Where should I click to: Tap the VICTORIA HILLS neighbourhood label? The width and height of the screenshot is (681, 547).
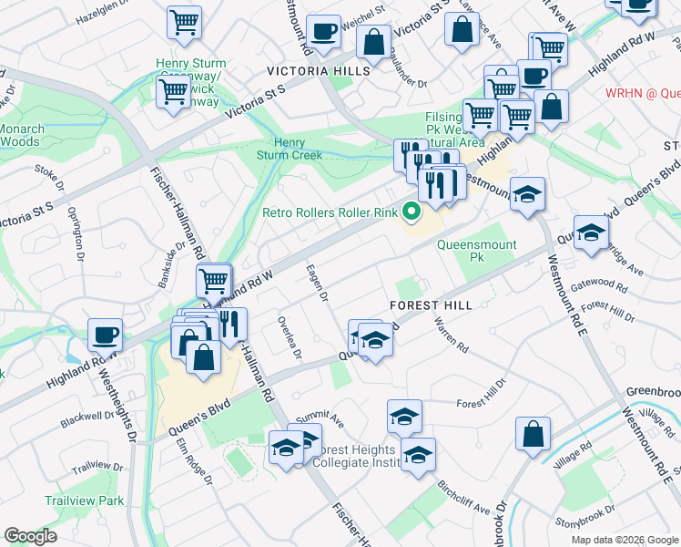(319, 70)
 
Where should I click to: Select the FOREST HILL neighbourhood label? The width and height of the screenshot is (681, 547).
(431, 304)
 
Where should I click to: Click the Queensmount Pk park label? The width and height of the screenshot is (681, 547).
(476, 251)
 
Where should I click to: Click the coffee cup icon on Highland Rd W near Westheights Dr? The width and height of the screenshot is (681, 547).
(106, 335)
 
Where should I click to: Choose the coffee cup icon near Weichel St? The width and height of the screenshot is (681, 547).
(323, 33)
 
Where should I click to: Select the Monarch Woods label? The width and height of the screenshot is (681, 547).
(18, 135)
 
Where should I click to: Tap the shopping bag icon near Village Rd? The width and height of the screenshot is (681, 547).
(533, 433)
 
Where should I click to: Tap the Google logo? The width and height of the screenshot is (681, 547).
(31, 535)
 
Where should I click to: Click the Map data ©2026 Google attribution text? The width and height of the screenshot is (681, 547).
(625, 540)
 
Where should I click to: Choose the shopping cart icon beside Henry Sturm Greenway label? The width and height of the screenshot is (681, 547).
(172, 90)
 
